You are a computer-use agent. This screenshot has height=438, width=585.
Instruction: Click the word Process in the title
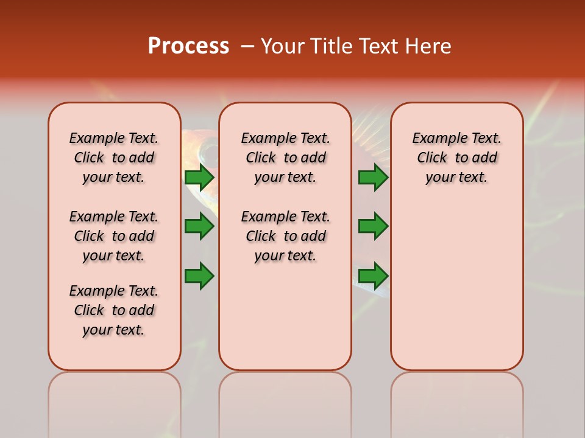click(188, 46)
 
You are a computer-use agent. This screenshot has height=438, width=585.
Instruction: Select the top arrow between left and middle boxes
click(199, 178)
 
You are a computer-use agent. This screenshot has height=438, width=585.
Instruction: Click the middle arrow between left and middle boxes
click(199, 226)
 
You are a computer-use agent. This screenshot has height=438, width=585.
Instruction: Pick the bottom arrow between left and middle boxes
click(199, 276)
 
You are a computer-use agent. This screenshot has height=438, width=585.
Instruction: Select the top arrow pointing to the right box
click(373, 178)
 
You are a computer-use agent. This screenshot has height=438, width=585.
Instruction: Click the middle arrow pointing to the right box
click(373, 226)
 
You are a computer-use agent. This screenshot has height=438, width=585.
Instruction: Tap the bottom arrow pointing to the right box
click(373, 276)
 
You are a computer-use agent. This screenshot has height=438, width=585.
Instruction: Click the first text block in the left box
click(114, 158)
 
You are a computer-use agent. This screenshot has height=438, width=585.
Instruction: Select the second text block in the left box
click(114, 236)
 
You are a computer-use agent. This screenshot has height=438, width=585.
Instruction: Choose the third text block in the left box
click(114, 310)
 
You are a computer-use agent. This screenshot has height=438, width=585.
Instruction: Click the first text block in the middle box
click(285, 158)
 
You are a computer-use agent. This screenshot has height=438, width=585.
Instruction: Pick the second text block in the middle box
click(285, 236)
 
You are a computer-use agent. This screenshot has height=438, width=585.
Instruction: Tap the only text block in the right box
click(456, 158)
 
